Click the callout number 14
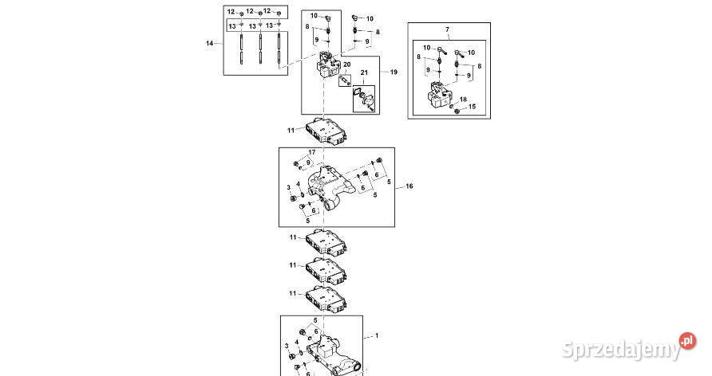210,43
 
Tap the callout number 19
393,72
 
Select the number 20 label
346,65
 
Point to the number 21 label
366,73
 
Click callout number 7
447,29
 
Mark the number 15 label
472,107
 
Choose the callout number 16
409,186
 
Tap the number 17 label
312,152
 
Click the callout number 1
378,336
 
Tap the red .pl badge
686,341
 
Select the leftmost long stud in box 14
240,52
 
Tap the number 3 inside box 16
289,188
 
